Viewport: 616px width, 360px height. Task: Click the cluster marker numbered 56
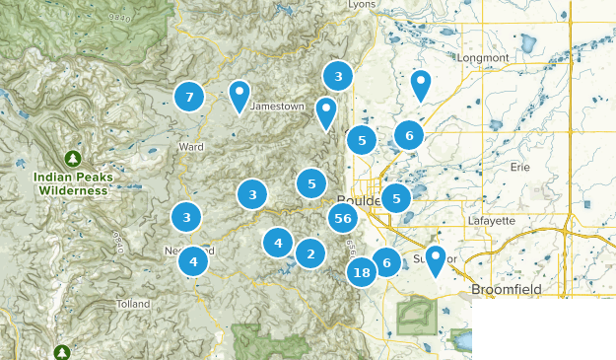tap(343, 219)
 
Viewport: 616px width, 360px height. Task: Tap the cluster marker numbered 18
tap(362, 272)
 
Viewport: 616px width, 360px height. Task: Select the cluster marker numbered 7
tap(188, 97)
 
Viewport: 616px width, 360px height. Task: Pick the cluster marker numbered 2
tap(310, 254)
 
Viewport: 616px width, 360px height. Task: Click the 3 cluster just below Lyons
tap(338, 76)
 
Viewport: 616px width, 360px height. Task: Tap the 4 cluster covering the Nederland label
tap(193, 261)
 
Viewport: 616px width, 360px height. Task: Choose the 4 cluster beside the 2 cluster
tap(278, 242)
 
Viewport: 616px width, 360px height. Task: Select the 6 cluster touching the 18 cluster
tap(386, 261)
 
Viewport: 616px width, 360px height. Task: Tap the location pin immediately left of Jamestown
tap(240, 95)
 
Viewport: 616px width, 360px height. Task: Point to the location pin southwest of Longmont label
tap(421, 85)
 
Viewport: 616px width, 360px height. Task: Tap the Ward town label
tap(191, 147)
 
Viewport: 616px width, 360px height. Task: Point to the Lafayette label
tap(493, 220)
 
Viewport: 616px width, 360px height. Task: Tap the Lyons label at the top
tap(363, 5)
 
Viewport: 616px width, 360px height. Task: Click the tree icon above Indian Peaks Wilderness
tap(72, 158)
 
